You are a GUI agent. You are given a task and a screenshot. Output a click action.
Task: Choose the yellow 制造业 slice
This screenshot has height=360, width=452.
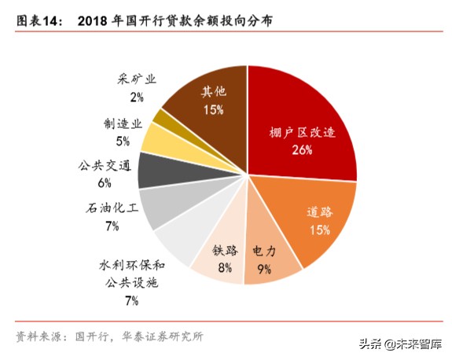[157, 137]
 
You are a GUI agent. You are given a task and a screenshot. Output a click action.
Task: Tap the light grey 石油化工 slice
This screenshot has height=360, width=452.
[161, 202]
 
